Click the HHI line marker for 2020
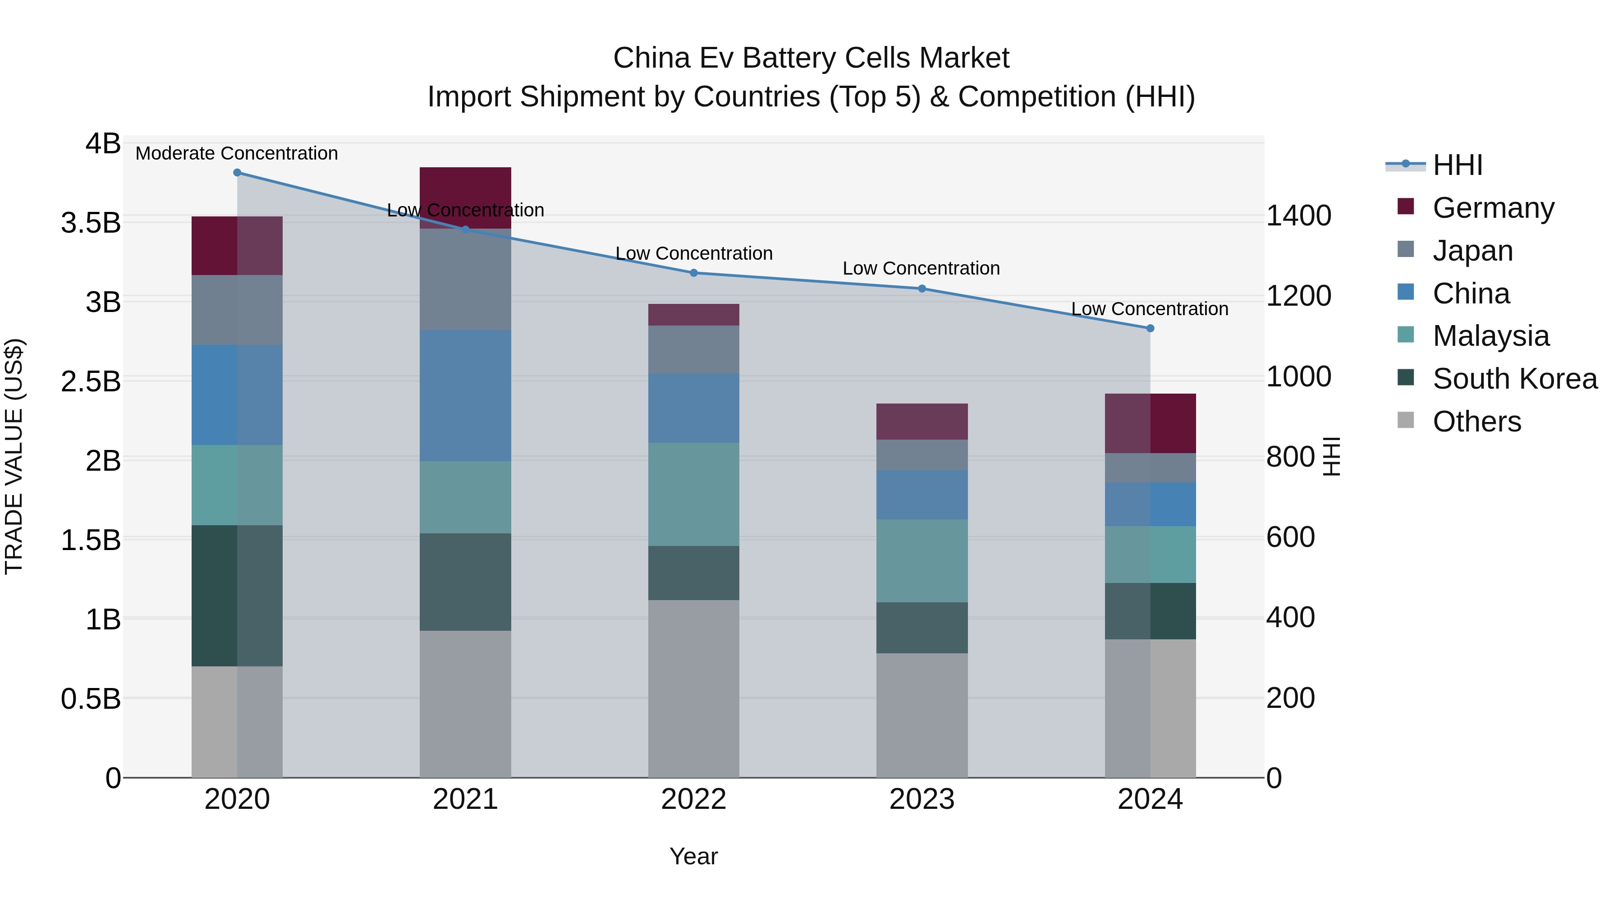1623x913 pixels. click(x=237, y=173)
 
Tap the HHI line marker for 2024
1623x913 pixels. click(x=1150, y=328)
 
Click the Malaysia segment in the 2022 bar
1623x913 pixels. click(x=694, y=494)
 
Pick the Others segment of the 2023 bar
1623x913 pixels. click(x=922, y=715)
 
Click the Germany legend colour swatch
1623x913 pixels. click(x=1406, y=206)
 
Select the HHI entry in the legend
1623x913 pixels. click(x=1457, y=165)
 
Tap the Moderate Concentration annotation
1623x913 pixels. click(x=237, y=153)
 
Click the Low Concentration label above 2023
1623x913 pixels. click(x=921, y=268)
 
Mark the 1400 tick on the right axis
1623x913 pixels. click(x=1298, y=216)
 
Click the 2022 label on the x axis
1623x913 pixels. click(x=694, y=799)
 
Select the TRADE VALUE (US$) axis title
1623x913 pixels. click(x=14, y=457)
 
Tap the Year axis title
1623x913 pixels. click(x=694, y=856)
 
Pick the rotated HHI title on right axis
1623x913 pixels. click(x=1331, y=457)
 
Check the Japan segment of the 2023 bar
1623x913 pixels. click(x=922, y=455)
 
